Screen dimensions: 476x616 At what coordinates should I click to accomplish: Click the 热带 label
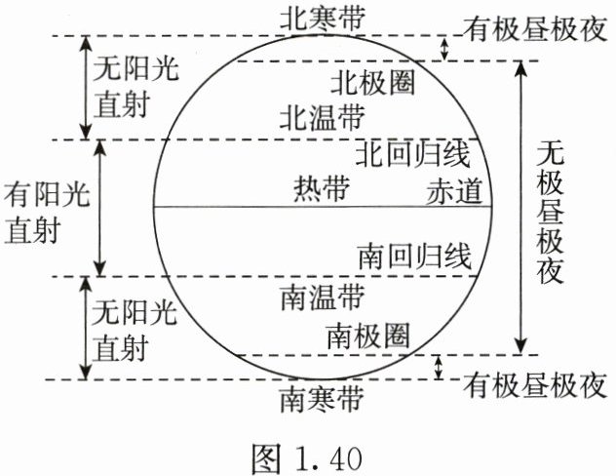(320, 189)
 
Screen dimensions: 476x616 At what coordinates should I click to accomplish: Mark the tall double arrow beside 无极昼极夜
(522, 207)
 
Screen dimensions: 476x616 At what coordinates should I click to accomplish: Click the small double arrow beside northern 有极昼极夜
(444, 48)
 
